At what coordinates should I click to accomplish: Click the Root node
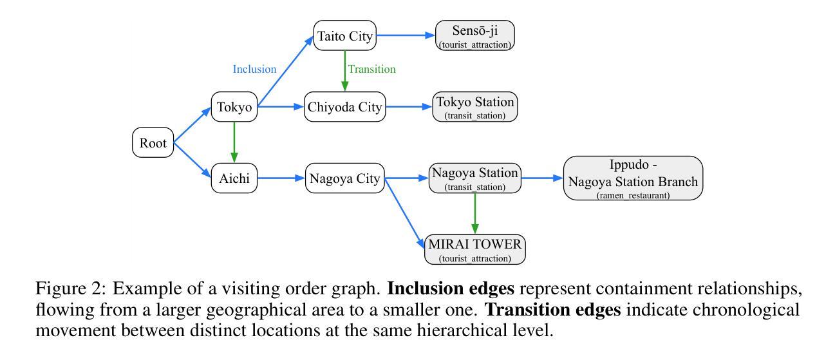[x=153, y=143]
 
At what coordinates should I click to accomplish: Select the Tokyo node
[x=234, y=108]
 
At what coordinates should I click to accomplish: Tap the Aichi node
[x=234, y=178]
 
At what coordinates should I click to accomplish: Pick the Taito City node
[x=344, y=36]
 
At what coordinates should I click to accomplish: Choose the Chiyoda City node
[x=344, y=108]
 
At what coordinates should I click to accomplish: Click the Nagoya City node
[x=344, y=178]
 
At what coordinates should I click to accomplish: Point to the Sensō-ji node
[x=475, y=35]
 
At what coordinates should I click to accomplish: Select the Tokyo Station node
[x=475, y=107]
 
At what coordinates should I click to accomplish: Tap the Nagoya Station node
[x=475, y=177]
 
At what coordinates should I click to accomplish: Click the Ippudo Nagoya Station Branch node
[x=632, y=178]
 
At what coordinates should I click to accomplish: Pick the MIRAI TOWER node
[x=475, y=249]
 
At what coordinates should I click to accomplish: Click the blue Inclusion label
[x=254, y=69]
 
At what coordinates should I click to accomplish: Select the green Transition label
[x=372, y=69]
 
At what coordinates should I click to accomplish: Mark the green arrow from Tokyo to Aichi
[x=234, y=143]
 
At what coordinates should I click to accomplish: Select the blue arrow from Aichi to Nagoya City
[x=281, y=178]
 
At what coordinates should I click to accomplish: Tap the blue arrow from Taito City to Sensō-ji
[x=406, y=36]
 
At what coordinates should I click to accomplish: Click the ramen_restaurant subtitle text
[x=632, y=194]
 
